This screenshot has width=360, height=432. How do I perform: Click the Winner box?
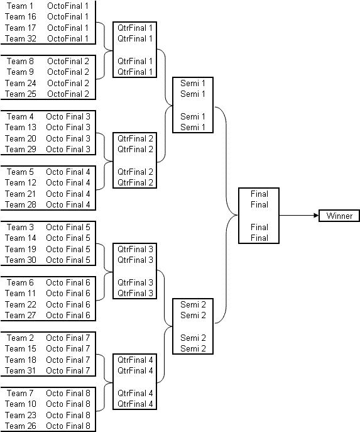339,216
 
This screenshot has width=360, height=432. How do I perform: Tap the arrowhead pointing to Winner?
316,216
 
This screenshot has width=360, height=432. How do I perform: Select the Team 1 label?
20,6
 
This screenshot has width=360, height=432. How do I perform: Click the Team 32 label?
21,38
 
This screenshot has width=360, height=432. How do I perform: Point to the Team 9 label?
20,72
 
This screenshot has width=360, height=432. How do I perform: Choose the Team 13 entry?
21,127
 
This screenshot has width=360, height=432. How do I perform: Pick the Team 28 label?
21,205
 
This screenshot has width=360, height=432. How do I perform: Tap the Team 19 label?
21,249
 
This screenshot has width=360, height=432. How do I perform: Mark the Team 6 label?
20,282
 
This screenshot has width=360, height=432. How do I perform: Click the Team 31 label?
20,370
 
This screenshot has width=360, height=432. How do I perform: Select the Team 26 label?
21,426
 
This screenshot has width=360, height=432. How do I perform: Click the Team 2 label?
20,338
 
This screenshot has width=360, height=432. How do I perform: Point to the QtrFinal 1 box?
135,50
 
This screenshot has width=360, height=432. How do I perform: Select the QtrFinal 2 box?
135,160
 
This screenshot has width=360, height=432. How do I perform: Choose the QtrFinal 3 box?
135,271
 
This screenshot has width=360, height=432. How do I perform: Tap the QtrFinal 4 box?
135,382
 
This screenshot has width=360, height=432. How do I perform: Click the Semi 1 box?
193,105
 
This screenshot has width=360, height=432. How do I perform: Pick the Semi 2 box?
193,326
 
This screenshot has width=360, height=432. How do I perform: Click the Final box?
259,216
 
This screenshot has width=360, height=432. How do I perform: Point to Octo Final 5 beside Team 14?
68,238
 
